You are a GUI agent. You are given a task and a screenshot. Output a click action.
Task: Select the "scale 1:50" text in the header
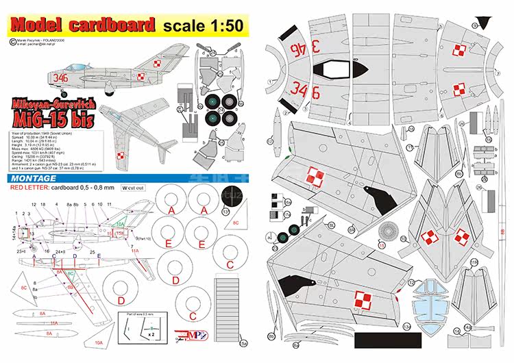pyautogui.click(x=203, y=26)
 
